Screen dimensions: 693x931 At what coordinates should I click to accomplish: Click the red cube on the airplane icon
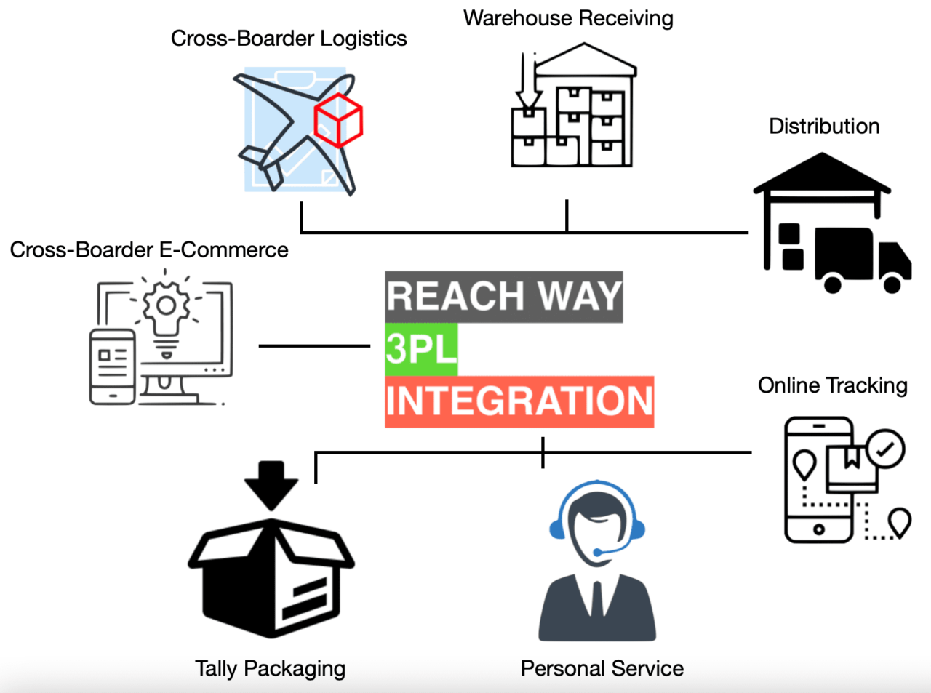(x=338, y=119)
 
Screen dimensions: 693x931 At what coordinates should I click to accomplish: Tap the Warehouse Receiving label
(x=568, y=18)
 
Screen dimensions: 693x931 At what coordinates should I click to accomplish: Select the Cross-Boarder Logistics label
(x=289, y=39)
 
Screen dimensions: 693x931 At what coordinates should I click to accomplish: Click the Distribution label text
(x=824, y=127)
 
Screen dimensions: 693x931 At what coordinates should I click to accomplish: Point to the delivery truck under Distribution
(x=863, y=258)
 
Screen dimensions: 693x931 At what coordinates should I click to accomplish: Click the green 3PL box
(x=421, y=349)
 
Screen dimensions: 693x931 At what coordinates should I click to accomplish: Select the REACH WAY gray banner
(x=504, y=297)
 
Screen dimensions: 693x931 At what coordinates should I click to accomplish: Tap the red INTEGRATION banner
(x=519, y=401)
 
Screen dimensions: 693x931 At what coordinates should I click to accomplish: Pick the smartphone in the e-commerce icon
(x=113, y=366)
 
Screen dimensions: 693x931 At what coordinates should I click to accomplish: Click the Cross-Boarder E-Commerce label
(x=149, y=250)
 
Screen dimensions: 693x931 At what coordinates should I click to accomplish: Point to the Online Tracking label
(x=833, y=385)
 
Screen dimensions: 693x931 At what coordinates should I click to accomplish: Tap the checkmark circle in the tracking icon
(x=885, y=449)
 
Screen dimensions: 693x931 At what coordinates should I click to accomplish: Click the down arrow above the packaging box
(x=271, y=484)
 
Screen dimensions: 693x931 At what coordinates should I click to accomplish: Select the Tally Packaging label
(x=270, y=668)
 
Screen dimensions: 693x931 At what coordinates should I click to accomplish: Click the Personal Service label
(x=602, y=668)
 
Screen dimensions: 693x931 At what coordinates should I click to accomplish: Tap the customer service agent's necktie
(x=596, y=600)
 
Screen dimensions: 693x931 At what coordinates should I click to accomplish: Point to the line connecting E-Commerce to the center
(x=314, y=345)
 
